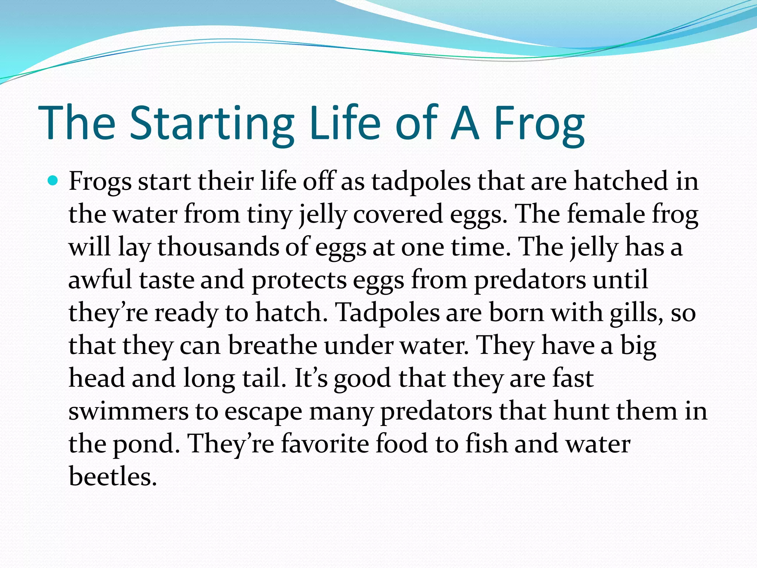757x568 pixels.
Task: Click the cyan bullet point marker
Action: pyautogui.click(x=54, y=181)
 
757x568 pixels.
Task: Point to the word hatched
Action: pyautogui.click(x=621, y=182)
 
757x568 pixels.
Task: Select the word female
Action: pyautogui.click(x=606, y=214)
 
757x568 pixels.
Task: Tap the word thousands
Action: pyautogui.click(x=218, y=247)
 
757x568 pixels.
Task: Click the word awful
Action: pyautogui.click(x=100, y=280)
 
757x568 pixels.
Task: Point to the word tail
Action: pyautogui.click(x=264, y=378)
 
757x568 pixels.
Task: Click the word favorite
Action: pyautogui.click(x=325, y=443)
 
